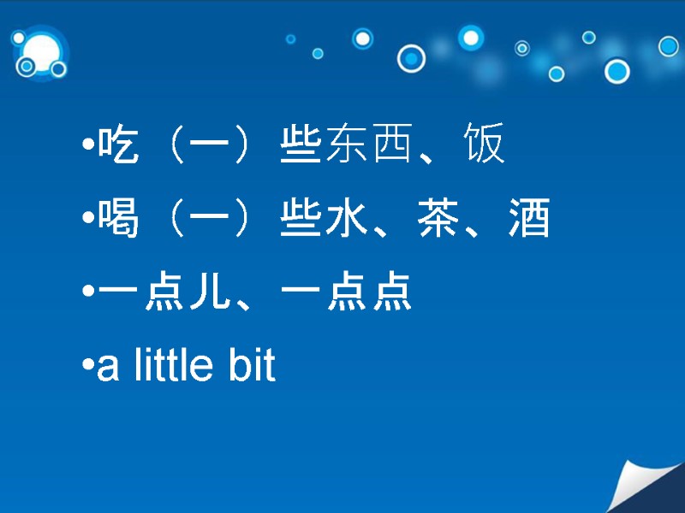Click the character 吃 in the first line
click(x=118, y=145)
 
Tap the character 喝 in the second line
click(x=118, y=219)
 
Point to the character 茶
click(x=439, y=219)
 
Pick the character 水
click(x=348, y=219)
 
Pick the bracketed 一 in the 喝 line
click(x=209, y=220)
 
